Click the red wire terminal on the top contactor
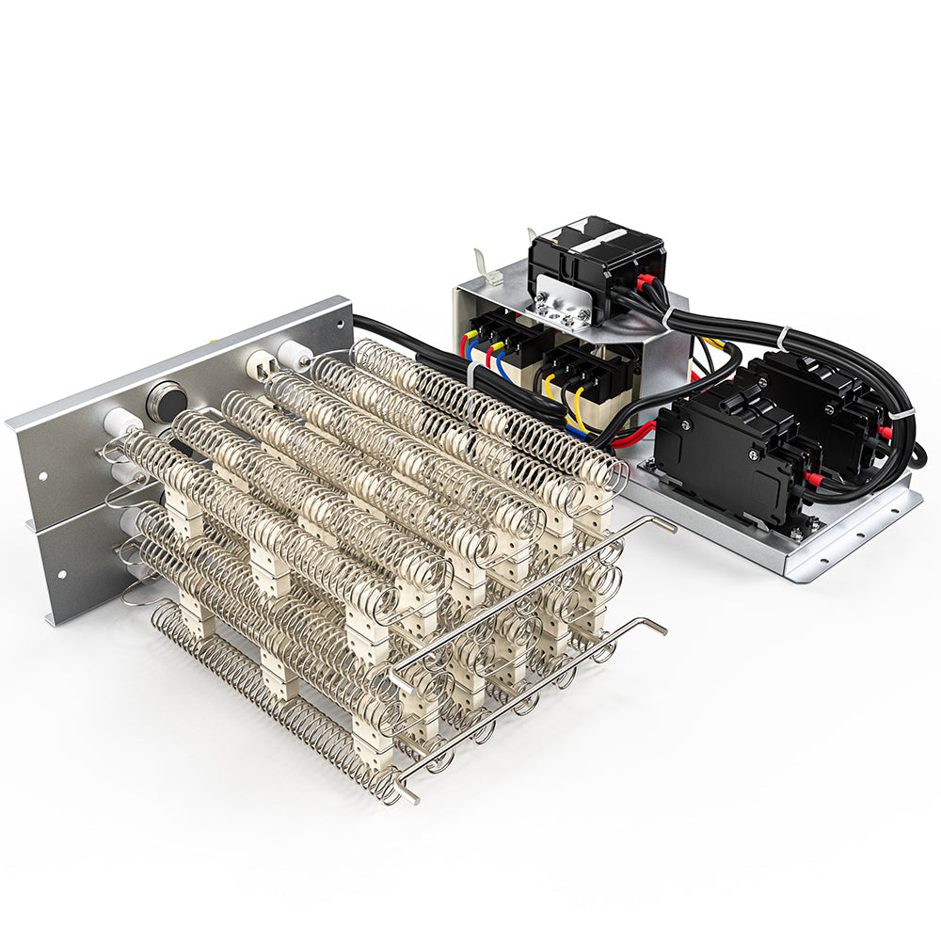tap(646, 281)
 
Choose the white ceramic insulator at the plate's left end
tap(121, 423)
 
